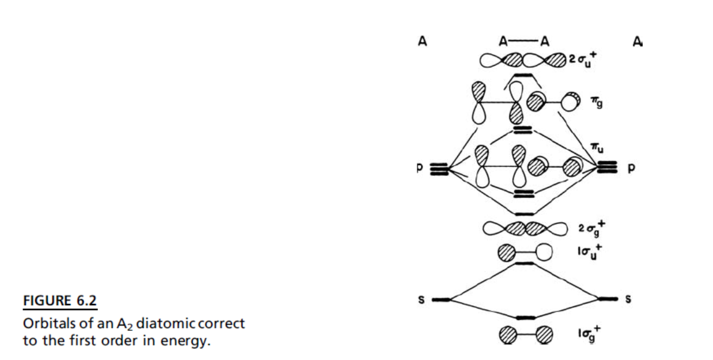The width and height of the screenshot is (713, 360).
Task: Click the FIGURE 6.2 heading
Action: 60,300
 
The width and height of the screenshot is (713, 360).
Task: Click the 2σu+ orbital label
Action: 583,60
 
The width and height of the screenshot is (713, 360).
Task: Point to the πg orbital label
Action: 597,103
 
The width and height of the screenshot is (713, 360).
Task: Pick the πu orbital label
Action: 597,148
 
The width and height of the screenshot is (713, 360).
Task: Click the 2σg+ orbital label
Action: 592,229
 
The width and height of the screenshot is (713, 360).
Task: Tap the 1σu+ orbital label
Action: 590,252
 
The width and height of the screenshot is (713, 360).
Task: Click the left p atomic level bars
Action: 439,169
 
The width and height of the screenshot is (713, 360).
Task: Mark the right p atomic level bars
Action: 607,167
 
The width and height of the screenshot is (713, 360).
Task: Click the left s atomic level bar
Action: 441,300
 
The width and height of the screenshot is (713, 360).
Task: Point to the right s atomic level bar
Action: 608,299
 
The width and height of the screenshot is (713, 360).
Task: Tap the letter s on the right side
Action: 628,299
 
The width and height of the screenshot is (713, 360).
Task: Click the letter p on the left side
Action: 420,168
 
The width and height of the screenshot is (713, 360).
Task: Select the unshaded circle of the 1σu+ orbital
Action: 544,252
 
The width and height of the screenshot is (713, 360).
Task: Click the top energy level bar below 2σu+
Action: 523,75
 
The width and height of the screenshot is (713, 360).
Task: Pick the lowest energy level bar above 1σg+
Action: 526,318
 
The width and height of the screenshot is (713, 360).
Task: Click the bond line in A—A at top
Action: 523,41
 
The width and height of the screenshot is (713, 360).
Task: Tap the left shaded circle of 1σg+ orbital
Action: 508,335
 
